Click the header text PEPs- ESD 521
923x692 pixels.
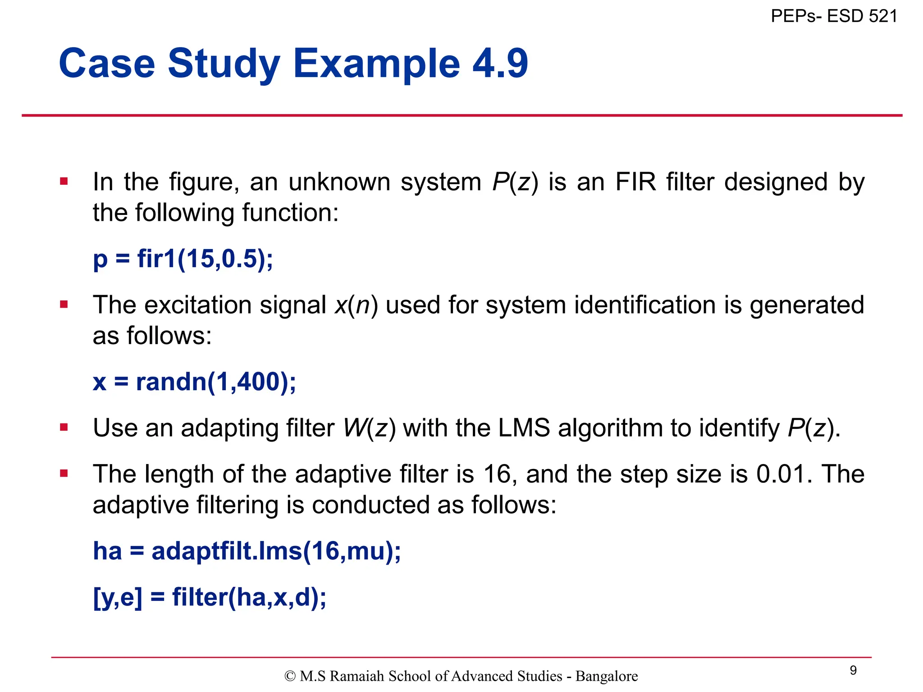pos(834,16)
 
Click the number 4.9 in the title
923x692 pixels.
pos(500,64)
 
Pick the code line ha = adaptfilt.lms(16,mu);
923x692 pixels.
pos(247,551)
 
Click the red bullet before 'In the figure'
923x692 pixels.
pos(64,182)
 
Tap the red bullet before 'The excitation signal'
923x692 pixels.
pos(64,305)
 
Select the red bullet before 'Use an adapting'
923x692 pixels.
pos(64,428)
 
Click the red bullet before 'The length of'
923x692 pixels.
pos(64,473)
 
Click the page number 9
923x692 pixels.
pos(853,670)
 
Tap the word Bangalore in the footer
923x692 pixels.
pos(607,676)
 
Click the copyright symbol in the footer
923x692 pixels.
pos(290,676)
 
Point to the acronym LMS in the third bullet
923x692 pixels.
pos(524,428)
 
